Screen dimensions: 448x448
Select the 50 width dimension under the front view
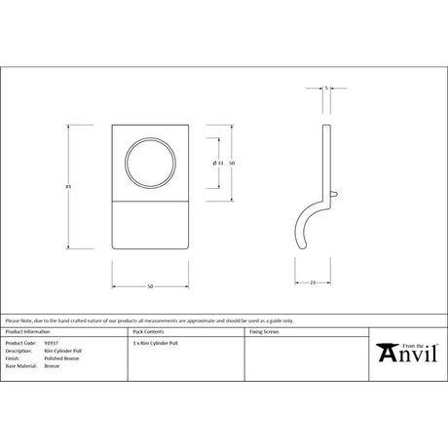pos(151,286)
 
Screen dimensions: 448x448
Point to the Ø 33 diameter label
pos(217,163)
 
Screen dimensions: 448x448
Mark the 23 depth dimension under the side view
pos(313,282)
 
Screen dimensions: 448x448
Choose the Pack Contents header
pos(148,332)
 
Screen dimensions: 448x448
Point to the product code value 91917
pos(52,344)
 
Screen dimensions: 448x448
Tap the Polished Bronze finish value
pos(60,359)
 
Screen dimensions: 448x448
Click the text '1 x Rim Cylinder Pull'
pos(155,344)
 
